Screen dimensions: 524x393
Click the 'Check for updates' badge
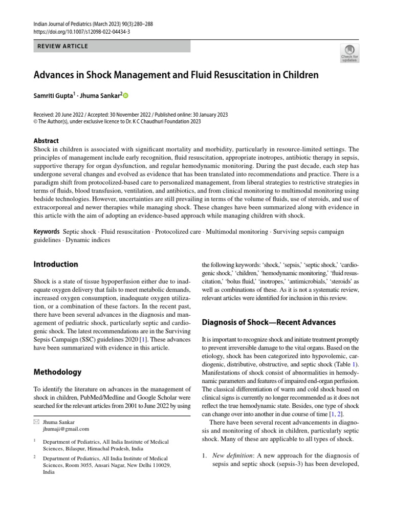coord(350,53)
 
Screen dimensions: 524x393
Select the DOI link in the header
coord(81,31)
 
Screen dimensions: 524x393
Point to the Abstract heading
coord(46,141)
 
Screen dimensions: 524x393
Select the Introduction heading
coord(56,265)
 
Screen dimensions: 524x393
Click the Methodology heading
coord(57,372)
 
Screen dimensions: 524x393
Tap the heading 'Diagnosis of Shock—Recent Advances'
coord(269,322)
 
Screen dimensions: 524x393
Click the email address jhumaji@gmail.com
coord(66,429)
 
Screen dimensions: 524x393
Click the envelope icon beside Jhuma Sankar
coord(36,422)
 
